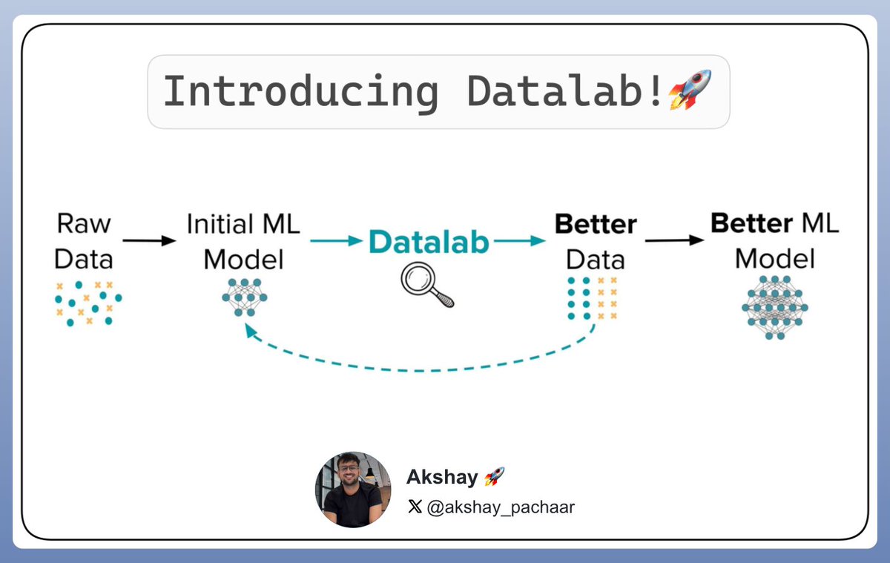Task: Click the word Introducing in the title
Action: click(300, 91)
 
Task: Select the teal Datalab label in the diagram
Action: click(429, 242)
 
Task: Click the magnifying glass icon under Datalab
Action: click(426, 286)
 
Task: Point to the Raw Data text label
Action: click(84, 241)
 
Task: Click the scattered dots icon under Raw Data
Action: click(88, 303)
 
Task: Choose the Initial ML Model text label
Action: click(243, 242)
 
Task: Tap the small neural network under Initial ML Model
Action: click(245, 297)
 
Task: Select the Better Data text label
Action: click(595, 242)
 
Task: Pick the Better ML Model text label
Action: click(774, 240)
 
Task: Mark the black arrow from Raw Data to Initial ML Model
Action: click(149, 240)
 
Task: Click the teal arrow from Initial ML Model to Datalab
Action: click(336, 241)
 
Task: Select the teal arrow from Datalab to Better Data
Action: click(518, 241)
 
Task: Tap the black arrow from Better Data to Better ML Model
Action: click(673, 240)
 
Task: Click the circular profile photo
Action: click(352, 489)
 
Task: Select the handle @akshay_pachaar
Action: click(501, 507)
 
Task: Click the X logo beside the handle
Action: click(415, 507)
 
